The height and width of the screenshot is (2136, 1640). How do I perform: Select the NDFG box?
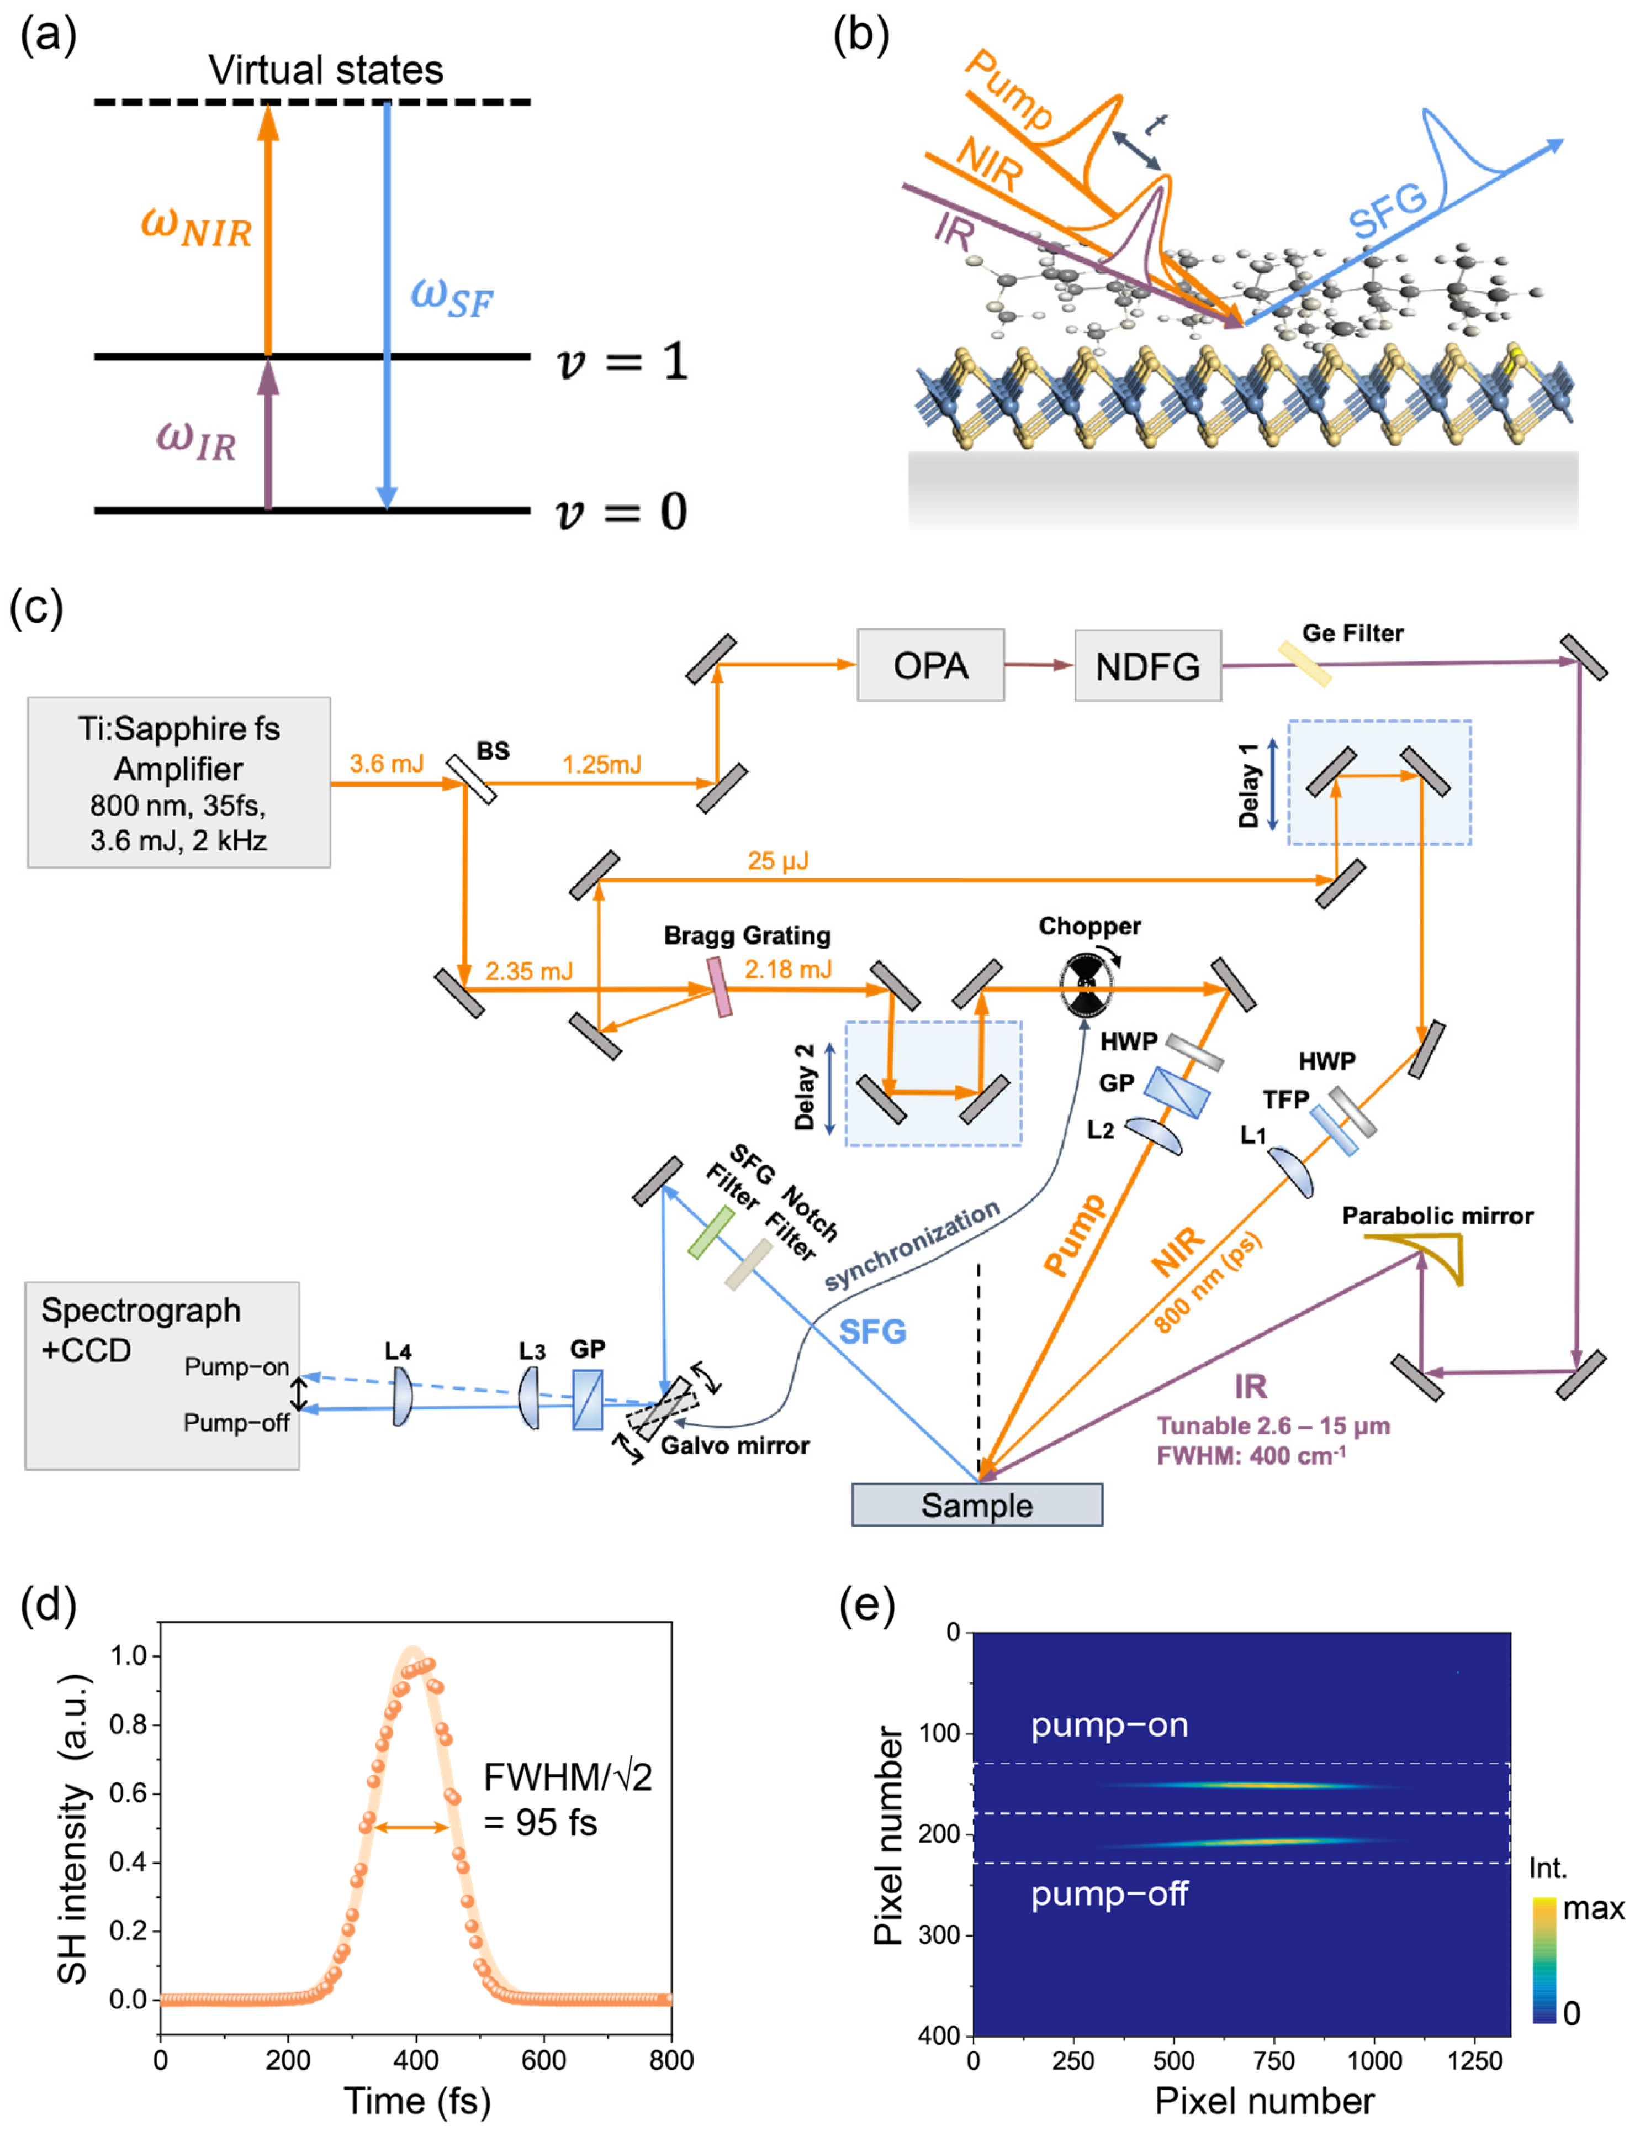[x=1147, y=666]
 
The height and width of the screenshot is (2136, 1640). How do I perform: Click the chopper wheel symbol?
[x=1086, y=986]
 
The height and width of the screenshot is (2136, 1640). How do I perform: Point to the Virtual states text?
[x=326, y=70]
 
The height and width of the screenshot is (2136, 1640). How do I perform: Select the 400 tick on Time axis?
[x=416, y=2061]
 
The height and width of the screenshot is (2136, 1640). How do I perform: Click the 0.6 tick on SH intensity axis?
[x=128, y=1793]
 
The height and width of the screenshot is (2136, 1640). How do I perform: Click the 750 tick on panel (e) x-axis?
[x=1274, y=2061]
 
